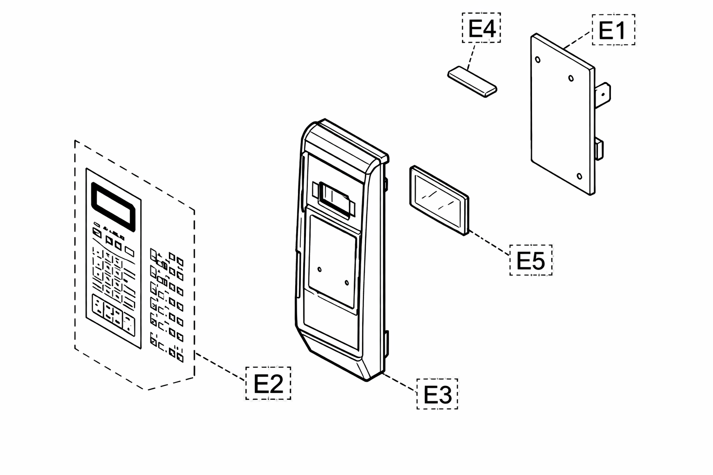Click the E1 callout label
coord(613,30)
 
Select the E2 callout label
coord(268,383)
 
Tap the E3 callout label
coord(437,394)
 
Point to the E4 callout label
coord(481,28)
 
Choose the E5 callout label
coord(531,260)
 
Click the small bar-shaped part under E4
coord(472,82)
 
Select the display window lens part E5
coord(439,200)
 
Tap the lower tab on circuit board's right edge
coord(599,149)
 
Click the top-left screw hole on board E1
coord(538,59)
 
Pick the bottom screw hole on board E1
coord(579,176)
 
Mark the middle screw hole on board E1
coord(571,78)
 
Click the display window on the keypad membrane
coord(113,207)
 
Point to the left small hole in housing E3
coord(319,270)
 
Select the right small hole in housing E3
coord(347,282)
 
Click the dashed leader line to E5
coord(490,243)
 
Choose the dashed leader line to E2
coord(220,366)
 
